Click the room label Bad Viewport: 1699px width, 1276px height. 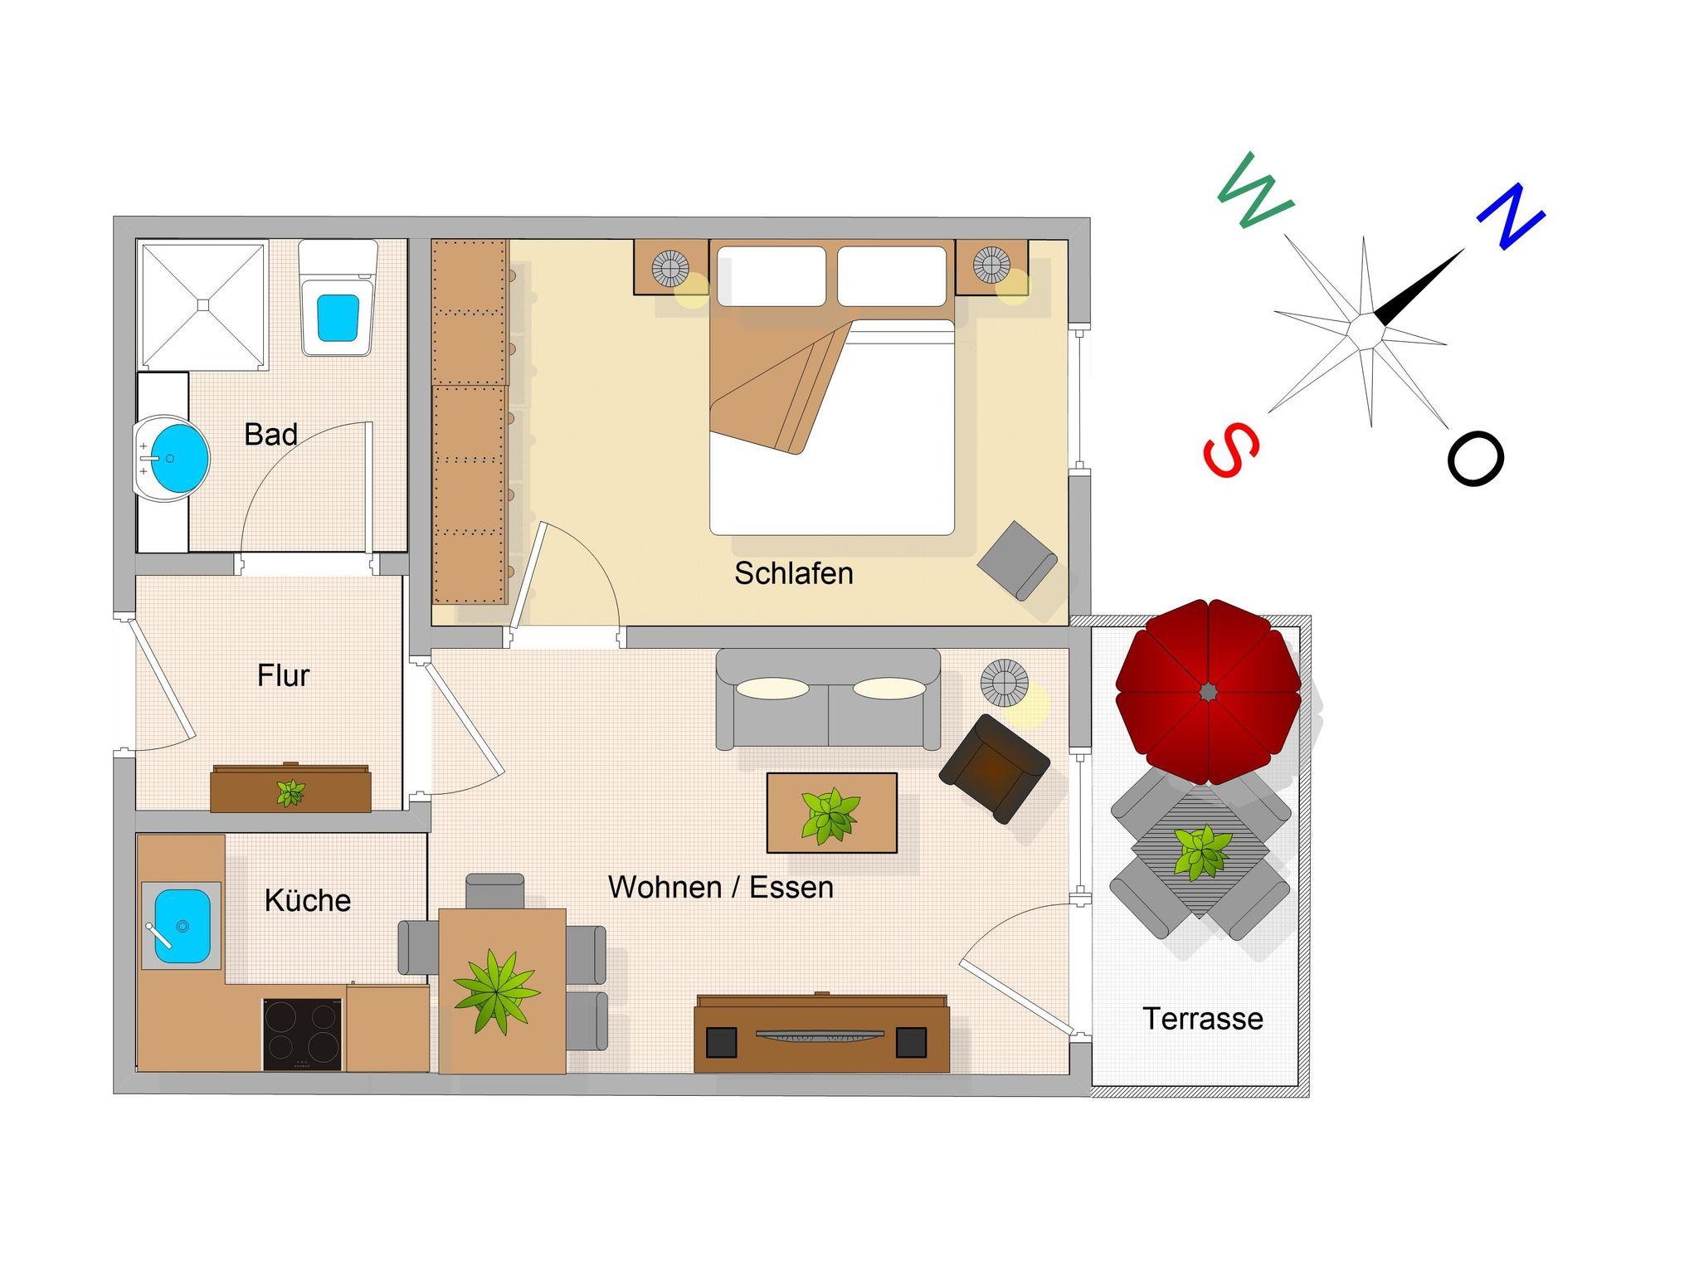(270, 434)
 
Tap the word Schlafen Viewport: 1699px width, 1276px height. (794, 573)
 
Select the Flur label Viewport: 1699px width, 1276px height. (283, 675)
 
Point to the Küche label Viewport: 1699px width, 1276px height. (308, 900)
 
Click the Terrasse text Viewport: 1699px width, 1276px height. (1203, 1019)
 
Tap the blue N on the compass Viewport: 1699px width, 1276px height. (1511, 215)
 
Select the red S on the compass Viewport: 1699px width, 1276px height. (1231, 449)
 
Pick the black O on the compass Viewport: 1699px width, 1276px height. (1476, 458)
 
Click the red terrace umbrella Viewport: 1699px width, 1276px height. (1208, 691)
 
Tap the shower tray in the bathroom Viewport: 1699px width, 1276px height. (202, 304)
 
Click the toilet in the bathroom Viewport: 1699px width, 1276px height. (338, 298)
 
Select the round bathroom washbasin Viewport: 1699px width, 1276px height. (173, 459)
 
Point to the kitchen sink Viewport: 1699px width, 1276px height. (182, 926)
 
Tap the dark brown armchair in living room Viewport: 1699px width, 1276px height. (995, 768)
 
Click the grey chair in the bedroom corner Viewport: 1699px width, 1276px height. (1017, 560)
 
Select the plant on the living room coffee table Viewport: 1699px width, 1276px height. (830, 815)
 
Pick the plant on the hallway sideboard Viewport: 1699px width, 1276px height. (290, 792)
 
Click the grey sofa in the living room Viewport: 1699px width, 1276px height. (829, 699)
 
